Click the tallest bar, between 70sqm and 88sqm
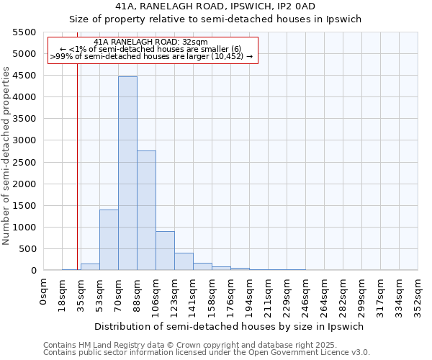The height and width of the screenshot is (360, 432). point(127,173)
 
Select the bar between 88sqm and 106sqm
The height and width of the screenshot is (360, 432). point(146,210)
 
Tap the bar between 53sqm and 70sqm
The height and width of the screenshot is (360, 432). point(109,240)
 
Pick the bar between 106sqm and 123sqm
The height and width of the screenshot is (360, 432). point(165,251)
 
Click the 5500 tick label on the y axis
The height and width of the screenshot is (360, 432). point(24,32)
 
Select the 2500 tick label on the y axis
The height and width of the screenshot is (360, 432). point(24,162)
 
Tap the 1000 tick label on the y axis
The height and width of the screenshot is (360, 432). point(24,228)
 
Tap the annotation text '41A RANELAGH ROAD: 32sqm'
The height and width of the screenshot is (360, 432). point(150,42)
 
